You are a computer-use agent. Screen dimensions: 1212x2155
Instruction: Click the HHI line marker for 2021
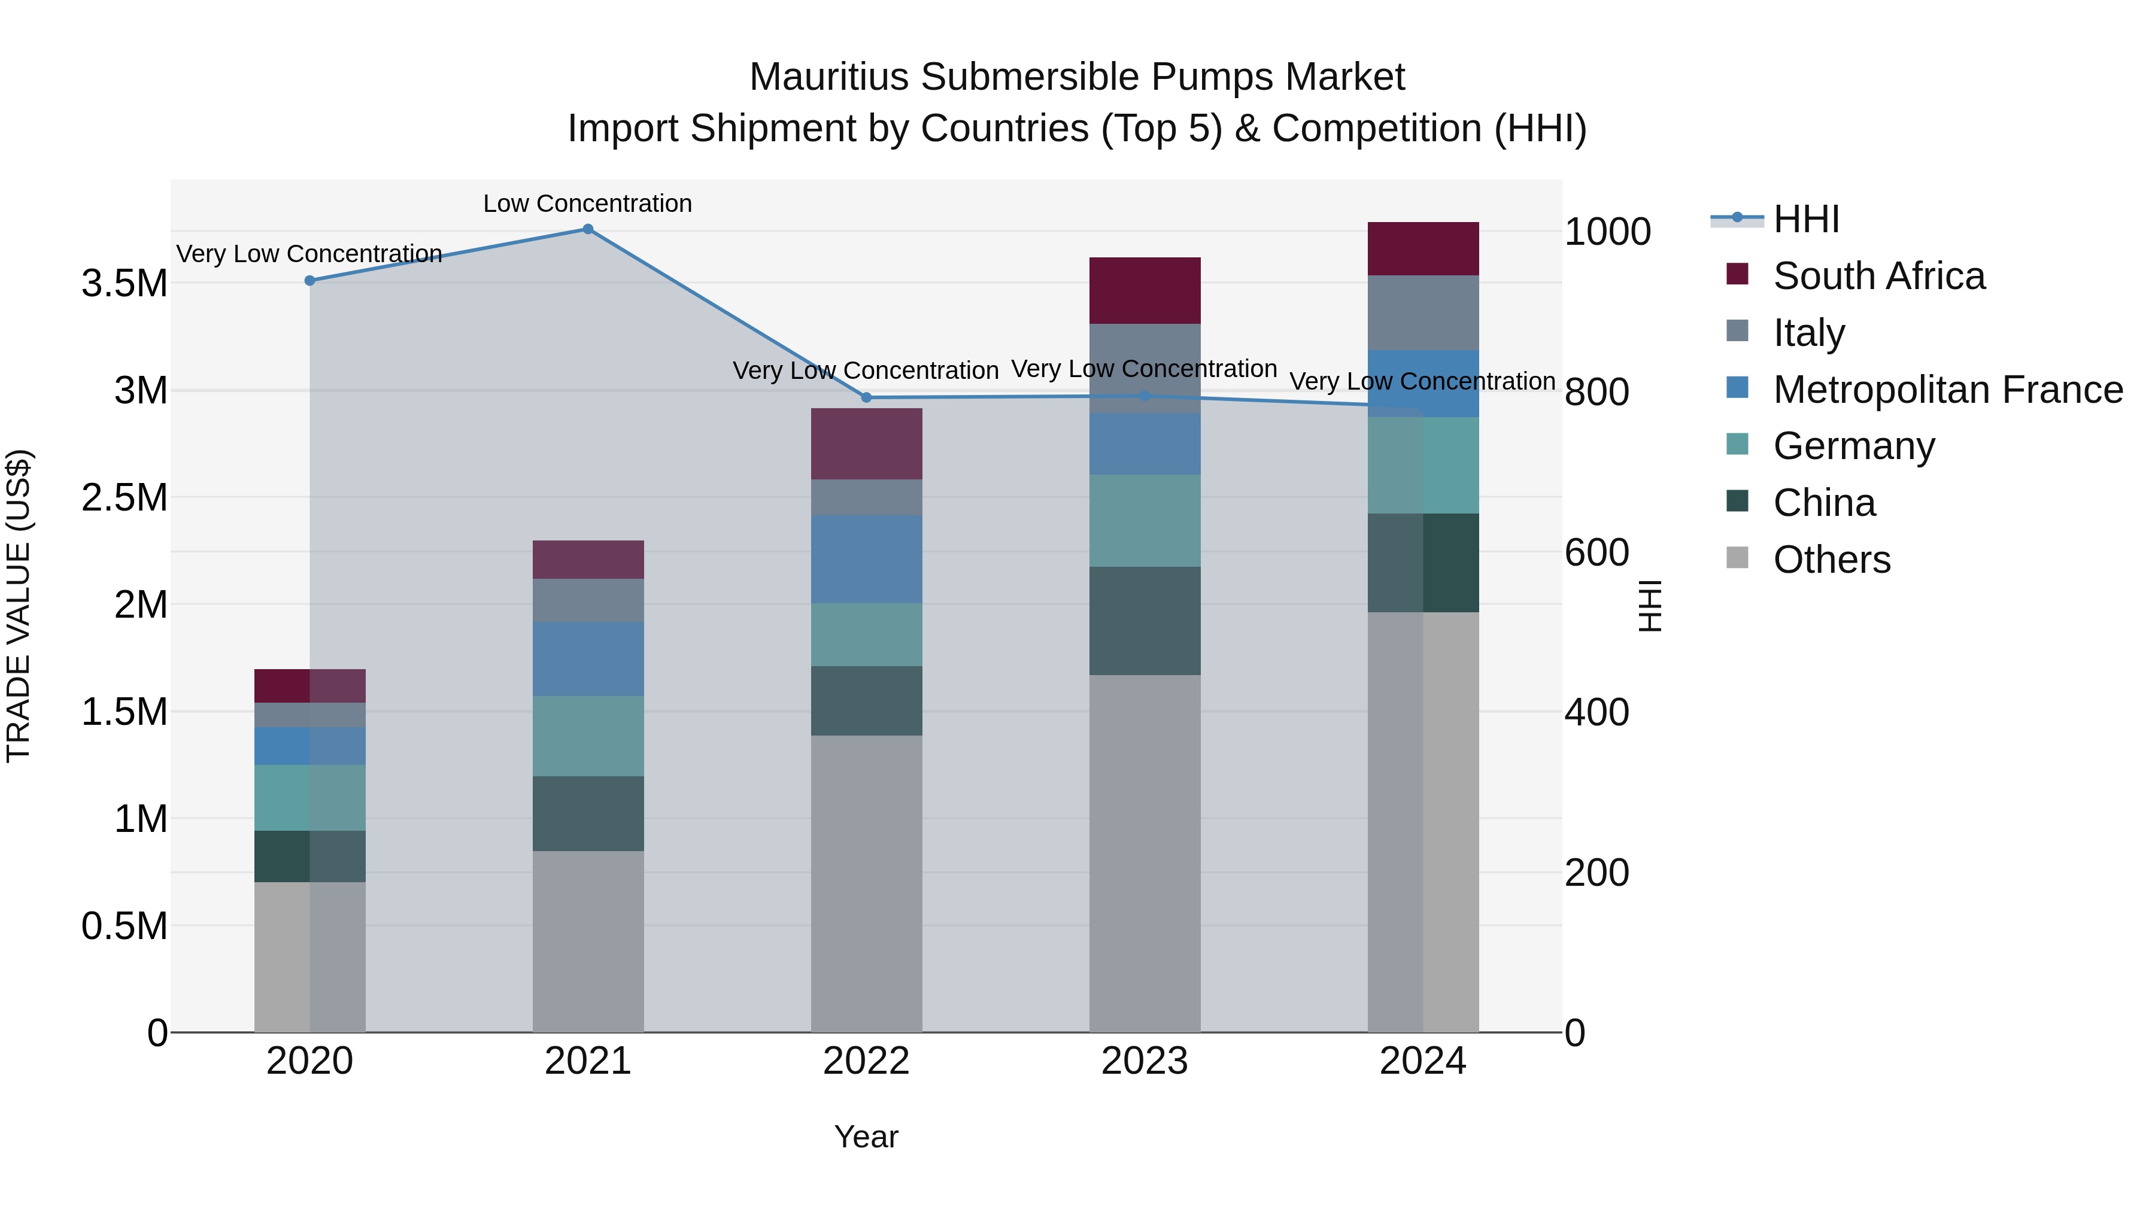point(588,229)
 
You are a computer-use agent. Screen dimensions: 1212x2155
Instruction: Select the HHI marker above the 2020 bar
point(309,281)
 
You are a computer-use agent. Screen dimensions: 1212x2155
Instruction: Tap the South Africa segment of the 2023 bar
point(1145,290)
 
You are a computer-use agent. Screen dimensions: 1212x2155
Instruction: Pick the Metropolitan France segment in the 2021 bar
point(588,658)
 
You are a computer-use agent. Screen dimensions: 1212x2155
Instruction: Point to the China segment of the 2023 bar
point(1145,621)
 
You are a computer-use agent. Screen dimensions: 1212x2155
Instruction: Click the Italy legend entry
point(1808,333)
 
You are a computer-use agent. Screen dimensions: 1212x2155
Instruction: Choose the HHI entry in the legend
point(1805,219)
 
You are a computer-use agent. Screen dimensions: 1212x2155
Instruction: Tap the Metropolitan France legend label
point(1947,390)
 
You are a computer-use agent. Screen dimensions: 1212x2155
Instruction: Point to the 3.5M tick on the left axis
point(124,284)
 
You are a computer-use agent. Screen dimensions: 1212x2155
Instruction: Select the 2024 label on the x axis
point(1422,1061)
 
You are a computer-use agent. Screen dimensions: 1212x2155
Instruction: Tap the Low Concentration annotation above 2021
point(587,203)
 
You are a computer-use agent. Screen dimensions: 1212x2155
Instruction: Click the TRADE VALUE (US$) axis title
point(19,606)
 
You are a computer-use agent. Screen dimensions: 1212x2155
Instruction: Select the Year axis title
point(866,1137)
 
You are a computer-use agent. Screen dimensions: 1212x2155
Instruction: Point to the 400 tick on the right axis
point(1596,713)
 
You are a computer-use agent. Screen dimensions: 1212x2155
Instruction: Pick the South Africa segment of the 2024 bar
point(1422,248)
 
